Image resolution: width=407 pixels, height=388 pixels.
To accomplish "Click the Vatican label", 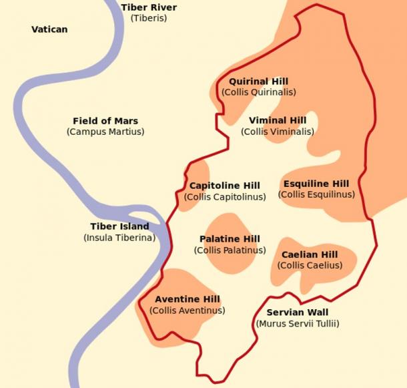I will click(49, 29).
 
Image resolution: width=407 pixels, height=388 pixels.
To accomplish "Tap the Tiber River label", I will click(149, 7).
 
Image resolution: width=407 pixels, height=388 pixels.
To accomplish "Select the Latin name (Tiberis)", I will click(149, 18).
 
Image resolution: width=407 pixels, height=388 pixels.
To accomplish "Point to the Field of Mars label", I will click(105, 121).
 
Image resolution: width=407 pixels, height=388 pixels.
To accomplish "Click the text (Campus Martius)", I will click(105, 132).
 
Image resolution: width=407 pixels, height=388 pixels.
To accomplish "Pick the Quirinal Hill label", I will click(258, 81).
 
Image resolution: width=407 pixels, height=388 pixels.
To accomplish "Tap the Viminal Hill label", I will click(278, 120).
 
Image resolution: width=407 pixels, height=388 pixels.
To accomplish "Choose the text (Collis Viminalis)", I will click(278, 132).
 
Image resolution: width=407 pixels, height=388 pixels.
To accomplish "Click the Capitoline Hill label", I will click(225, 186).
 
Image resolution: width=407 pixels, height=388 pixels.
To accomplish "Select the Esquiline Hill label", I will click(316, 184).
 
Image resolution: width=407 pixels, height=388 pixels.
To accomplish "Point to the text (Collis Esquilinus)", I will click(316, 194).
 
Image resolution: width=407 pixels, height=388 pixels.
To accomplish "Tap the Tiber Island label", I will click(119, 226).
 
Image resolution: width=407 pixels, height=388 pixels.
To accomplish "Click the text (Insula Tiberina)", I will click(119, 237).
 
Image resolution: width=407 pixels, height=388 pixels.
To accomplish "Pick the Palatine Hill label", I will click(230, 239).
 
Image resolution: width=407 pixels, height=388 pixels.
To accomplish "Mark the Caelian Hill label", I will click(310, 254).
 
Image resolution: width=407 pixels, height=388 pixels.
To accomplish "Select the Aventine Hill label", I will click(187, 299).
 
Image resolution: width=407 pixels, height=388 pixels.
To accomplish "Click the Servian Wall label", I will click(298, 313).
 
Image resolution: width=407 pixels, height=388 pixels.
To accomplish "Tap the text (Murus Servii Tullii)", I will click(298, 324).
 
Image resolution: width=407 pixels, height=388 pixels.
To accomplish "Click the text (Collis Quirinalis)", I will click(258, 92).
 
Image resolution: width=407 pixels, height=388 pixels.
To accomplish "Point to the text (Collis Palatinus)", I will click(230, 250).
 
